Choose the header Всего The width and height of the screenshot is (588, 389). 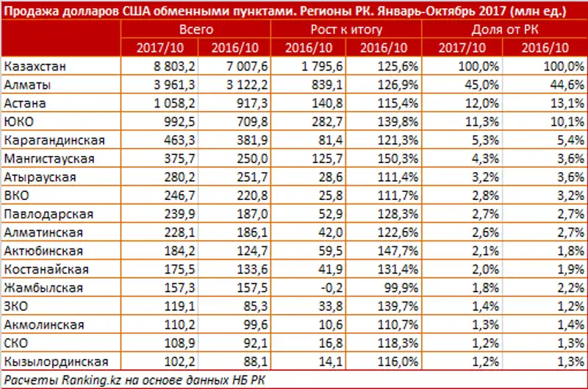coord(196,30)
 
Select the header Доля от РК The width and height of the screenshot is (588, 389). coord(503,30)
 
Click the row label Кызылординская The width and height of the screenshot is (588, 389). coord(57,361)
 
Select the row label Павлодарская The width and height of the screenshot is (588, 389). coord(49,214)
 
